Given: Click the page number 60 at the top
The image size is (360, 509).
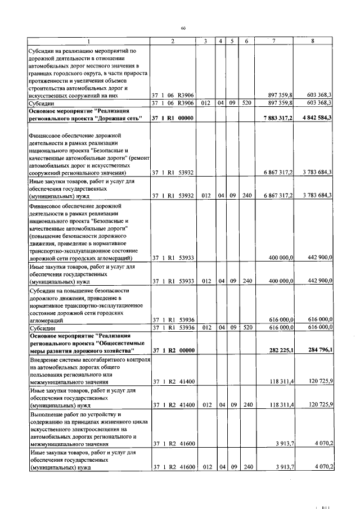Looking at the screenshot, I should pyautogui.click(x=183, y=28).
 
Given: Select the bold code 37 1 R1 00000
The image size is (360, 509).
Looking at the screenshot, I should pyautogui.click(x=173, y=118).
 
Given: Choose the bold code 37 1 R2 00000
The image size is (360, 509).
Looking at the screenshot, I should pyautogui.click(x=173, y=350).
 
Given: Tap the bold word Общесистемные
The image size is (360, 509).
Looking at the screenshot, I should pyautogui.click(x=120, y=343).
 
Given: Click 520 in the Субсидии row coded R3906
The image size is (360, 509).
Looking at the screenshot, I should pyautogui.click(x=246, y=103).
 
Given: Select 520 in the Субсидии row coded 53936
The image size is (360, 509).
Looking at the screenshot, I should pyautogui.click(x=246, y=327).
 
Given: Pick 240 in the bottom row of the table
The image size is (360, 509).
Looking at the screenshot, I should pyautogui.click(x=246, y=467).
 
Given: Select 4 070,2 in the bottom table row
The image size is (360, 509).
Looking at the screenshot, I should pyautogui.click(x=321, y=467).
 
